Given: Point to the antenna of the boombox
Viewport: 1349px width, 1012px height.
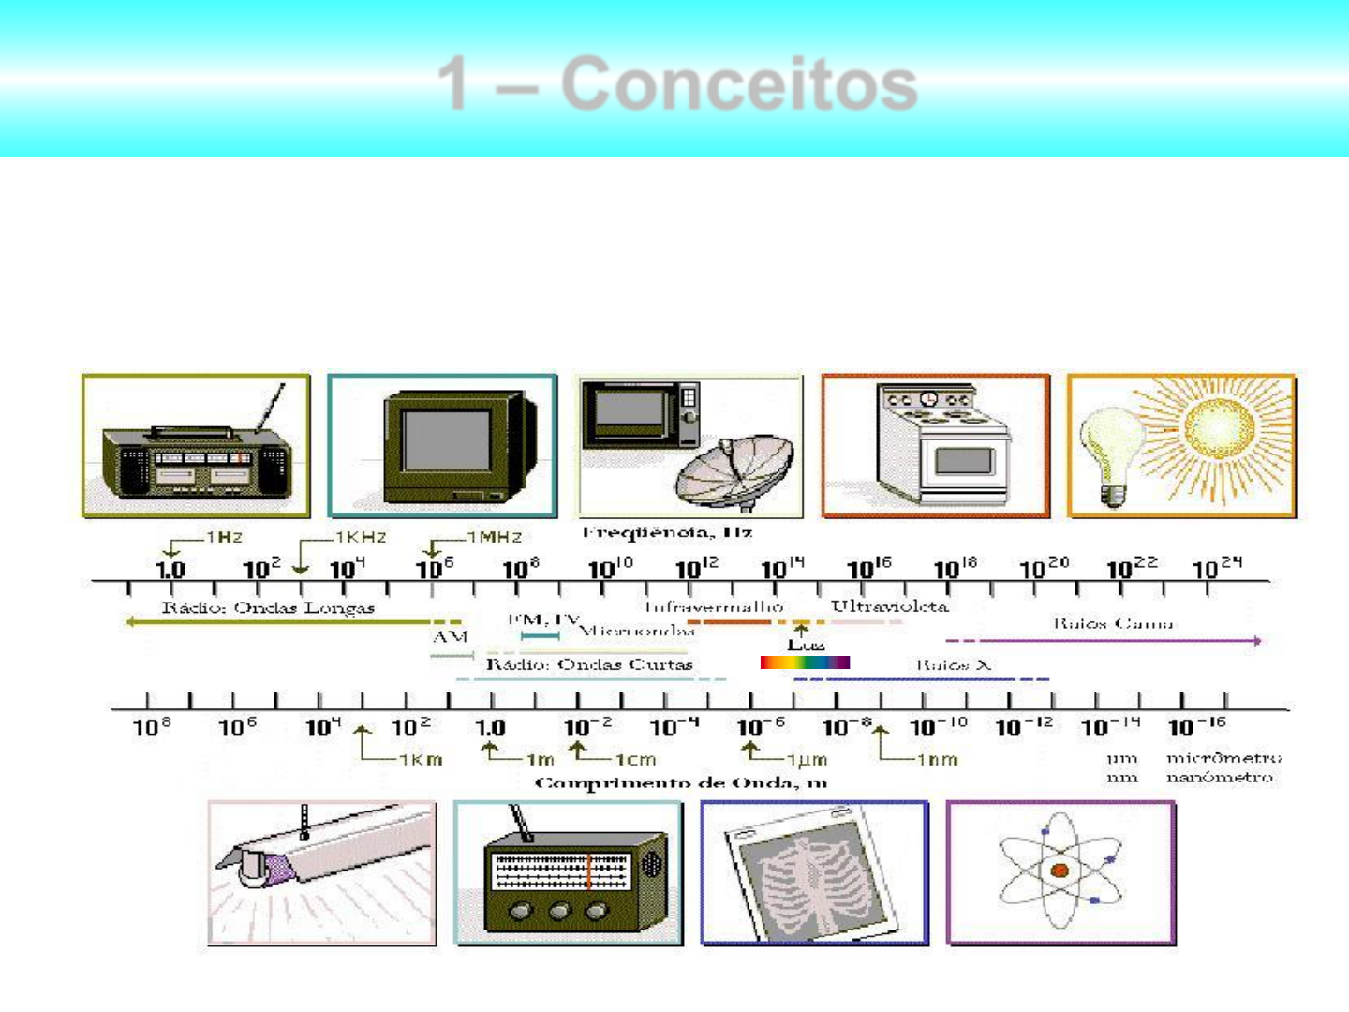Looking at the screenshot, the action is (271, 409).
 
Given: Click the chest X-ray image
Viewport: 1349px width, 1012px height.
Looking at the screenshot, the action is (812, 876).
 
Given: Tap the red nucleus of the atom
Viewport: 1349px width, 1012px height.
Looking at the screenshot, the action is (1060, 871).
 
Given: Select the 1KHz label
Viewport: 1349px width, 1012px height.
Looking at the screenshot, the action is (361, 537).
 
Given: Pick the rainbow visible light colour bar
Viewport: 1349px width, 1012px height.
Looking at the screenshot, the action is (805, 662).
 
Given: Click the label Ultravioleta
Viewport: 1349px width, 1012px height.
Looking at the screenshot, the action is (889, 606).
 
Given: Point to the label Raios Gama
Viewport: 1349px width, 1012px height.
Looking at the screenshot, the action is (1112, 623).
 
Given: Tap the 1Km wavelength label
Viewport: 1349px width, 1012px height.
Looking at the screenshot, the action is (420, 759).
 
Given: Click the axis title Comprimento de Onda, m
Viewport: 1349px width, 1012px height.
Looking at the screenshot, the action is (680, 782).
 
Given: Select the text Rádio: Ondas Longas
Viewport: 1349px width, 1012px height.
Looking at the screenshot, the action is (268, 608).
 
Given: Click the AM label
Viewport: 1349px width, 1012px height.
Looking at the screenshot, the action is (451, 637).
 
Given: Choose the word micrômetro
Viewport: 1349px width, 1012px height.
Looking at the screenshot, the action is (1223, 757).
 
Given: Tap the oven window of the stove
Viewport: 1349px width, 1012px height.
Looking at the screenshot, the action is (964, 461).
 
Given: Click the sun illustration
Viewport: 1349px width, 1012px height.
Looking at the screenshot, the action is (1218, 428).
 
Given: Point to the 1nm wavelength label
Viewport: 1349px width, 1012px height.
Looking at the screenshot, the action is (937, 759).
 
